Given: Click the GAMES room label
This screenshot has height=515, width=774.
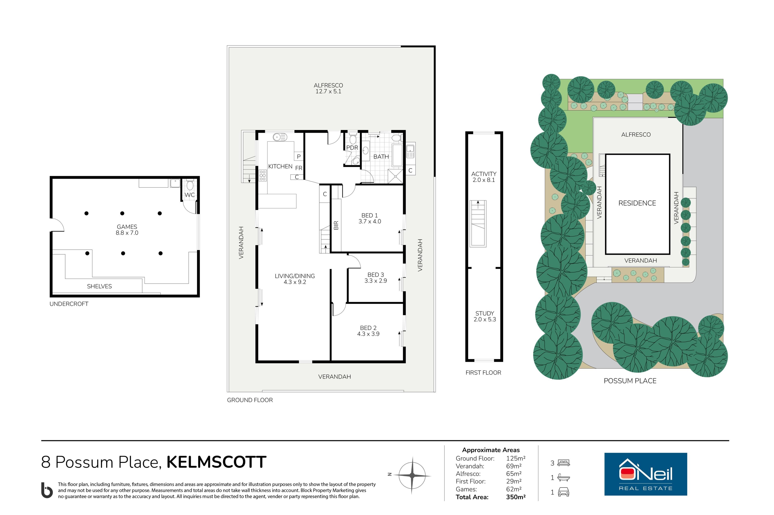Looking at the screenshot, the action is tap(127, 227).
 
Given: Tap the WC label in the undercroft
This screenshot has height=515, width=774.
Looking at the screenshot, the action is tap(189, 195).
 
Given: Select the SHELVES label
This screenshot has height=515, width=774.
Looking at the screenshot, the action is tap(99, 286).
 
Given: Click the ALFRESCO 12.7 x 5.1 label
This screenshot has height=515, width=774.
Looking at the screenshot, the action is tap(328, 88).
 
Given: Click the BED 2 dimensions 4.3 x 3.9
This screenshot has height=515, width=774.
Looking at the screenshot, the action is tap(368, 334).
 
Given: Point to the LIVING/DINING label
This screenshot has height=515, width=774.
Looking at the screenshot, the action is tap(294, 276).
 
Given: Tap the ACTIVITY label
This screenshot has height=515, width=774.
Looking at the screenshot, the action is tap(484, 174).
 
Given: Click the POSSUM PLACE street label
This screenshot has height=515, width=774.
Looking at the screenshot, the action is tap(630, 381).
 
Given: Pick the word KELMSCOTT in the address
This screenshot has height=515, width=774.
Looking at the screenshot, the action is tap(216, 462).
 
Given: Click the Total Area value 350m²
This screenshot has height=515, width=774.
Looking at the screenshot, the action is tap(515, 497).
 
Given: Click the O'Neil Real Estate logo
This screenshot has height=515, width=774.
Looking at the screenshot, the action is tap(645, 474).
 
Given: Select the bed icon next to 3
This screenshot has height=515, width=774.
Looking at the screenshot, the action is tap(563, 463).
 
